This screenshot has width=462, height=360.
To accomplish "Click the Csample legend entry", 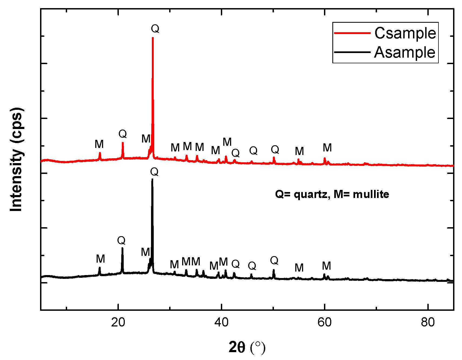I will pos(405,33).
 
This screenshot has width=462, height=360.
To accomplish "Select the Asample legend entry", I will pos(405,52).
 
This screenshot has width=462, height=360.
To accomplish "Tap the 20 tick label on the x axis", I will pos(118,322).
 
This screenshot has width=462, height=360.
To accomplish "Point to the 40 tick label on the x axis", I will pos(222,322).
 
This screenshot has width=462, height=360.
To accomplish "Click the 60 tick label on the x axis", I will pos(325,322).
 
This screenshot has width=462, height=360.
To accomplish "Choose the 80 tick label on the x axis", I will pos(428,322).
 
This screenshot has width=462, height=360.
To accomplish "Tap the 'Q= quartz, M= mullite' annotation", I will pos(332,194).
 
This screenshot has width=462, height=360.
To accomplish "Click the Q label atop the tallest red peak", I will pos(155,29).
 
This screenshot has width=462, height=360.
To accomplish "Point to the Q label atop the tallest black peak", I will pos(154,171).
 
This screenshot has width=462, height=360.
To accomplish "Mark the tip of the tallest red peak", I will pos(153,38).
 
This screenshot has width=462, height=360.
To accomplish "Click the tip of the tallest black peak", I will pos(152,179).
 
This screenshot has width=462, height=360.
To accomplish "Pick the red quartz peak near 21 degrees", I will pos(123,143).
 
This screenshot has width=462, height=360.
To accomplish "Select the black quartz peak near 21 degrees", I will pos(122,248).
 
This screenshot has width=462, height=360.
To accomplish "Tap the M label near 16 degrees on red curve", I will pos(99,144).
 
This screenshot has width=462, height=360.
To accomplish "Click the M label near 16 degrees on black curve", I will pos(100,259).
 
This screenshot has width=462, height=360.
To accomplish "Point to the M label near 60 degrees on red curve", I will pos(327,148).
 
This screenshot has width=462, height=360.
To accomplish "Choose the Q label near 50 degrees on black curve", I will pos(274,260).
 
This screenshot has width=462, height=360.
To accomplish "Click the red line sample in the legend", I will pos(352,33).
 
